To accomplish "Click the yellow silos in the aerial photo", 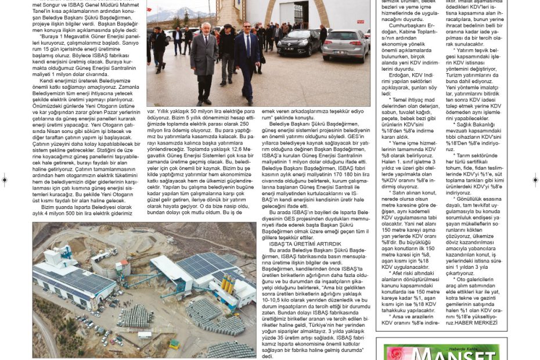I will coord(227,283).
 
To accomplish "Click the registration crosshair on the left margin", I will coord(5,181).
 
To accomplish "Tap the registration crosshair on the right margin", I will coord(535,181).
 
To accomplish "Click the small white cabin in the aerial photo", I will coord(144,334).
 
